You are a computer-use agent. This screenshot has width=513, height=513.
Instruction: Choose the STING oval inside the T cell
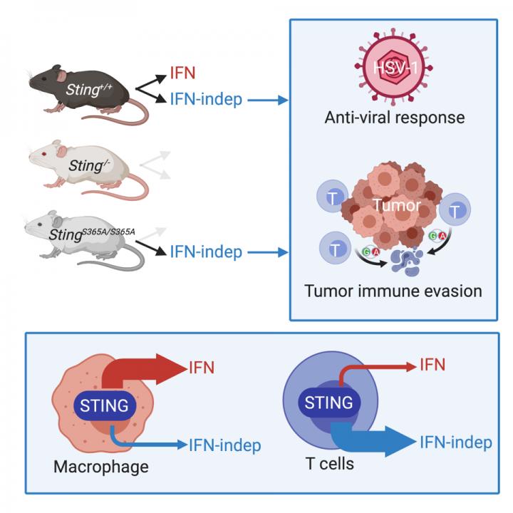tap(328, 403)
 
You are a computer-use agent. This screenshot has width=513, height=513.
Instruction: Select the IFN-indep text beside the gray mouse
tap(207, 252)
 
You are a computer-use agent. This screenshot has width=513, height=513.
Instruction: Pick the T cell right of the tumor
tap(454, 210)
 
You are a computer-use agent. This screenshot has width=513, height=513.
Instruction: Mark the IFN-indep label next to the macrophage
tap(225, 446)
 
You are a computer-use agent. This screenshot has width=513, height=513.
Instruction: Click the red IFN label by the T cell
tap(432, 366)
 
